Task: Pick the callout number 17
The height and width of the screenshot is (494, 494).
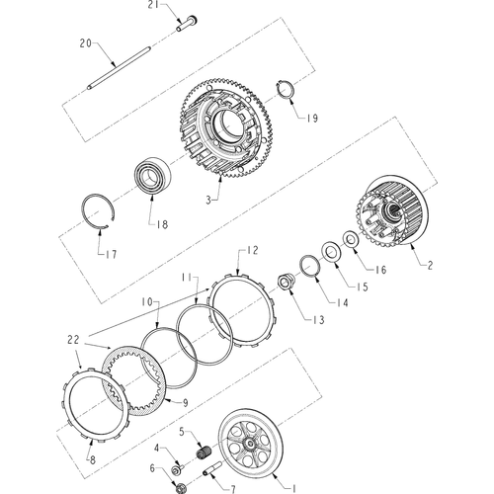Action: [109, 253]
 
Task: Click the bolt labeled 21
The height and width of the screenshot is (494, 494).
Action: [188, 24]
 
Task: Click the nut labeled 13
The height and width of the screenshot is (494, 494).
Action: [285, 285]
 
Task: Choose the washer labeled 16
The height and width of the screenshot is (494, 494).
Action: [350, 240]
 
